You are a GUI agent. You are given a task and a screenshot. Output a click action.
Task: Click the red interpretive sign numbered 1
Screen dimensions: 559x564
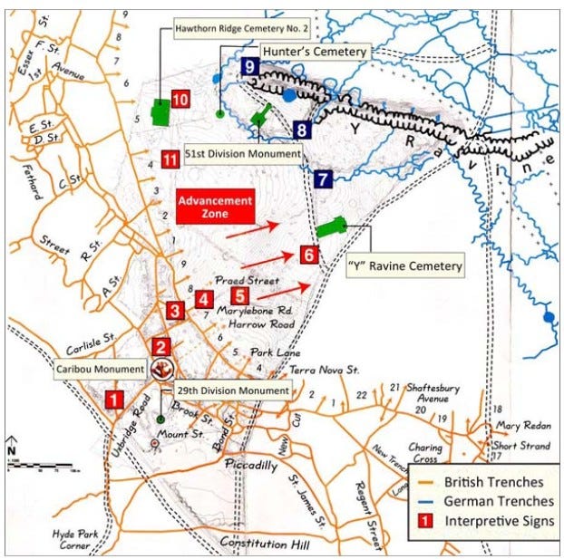click(114, 397)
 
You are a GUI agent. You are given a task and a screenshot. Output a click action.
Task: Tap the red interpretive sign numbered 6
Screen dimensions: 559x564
click(309, 255)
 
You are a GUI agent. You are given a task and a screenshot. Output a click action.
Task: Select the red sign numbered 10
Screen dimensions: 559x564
click(180, 100)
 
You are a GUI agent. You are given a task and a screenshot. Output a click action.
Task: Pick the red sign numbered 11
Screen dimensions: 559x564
click(169, 159)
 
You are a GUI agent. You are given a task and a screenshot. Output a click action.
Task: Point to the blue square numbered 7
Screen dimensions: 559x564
click(323, 179)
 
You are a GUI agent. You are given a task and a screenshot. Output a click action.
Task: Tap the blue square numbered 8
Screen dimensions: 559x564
click(302, 130)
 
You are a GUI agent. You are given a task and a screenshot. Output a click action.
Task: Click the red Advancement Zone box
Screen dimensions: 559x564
click(215, 207)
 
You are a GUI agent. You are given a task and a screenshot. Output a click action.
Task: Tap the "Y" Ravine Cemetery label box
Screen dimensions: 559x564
click(404, 266)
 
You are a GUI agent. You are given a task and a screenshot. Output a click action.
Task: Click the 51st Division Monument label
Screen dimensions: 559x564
click(243, 154)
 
